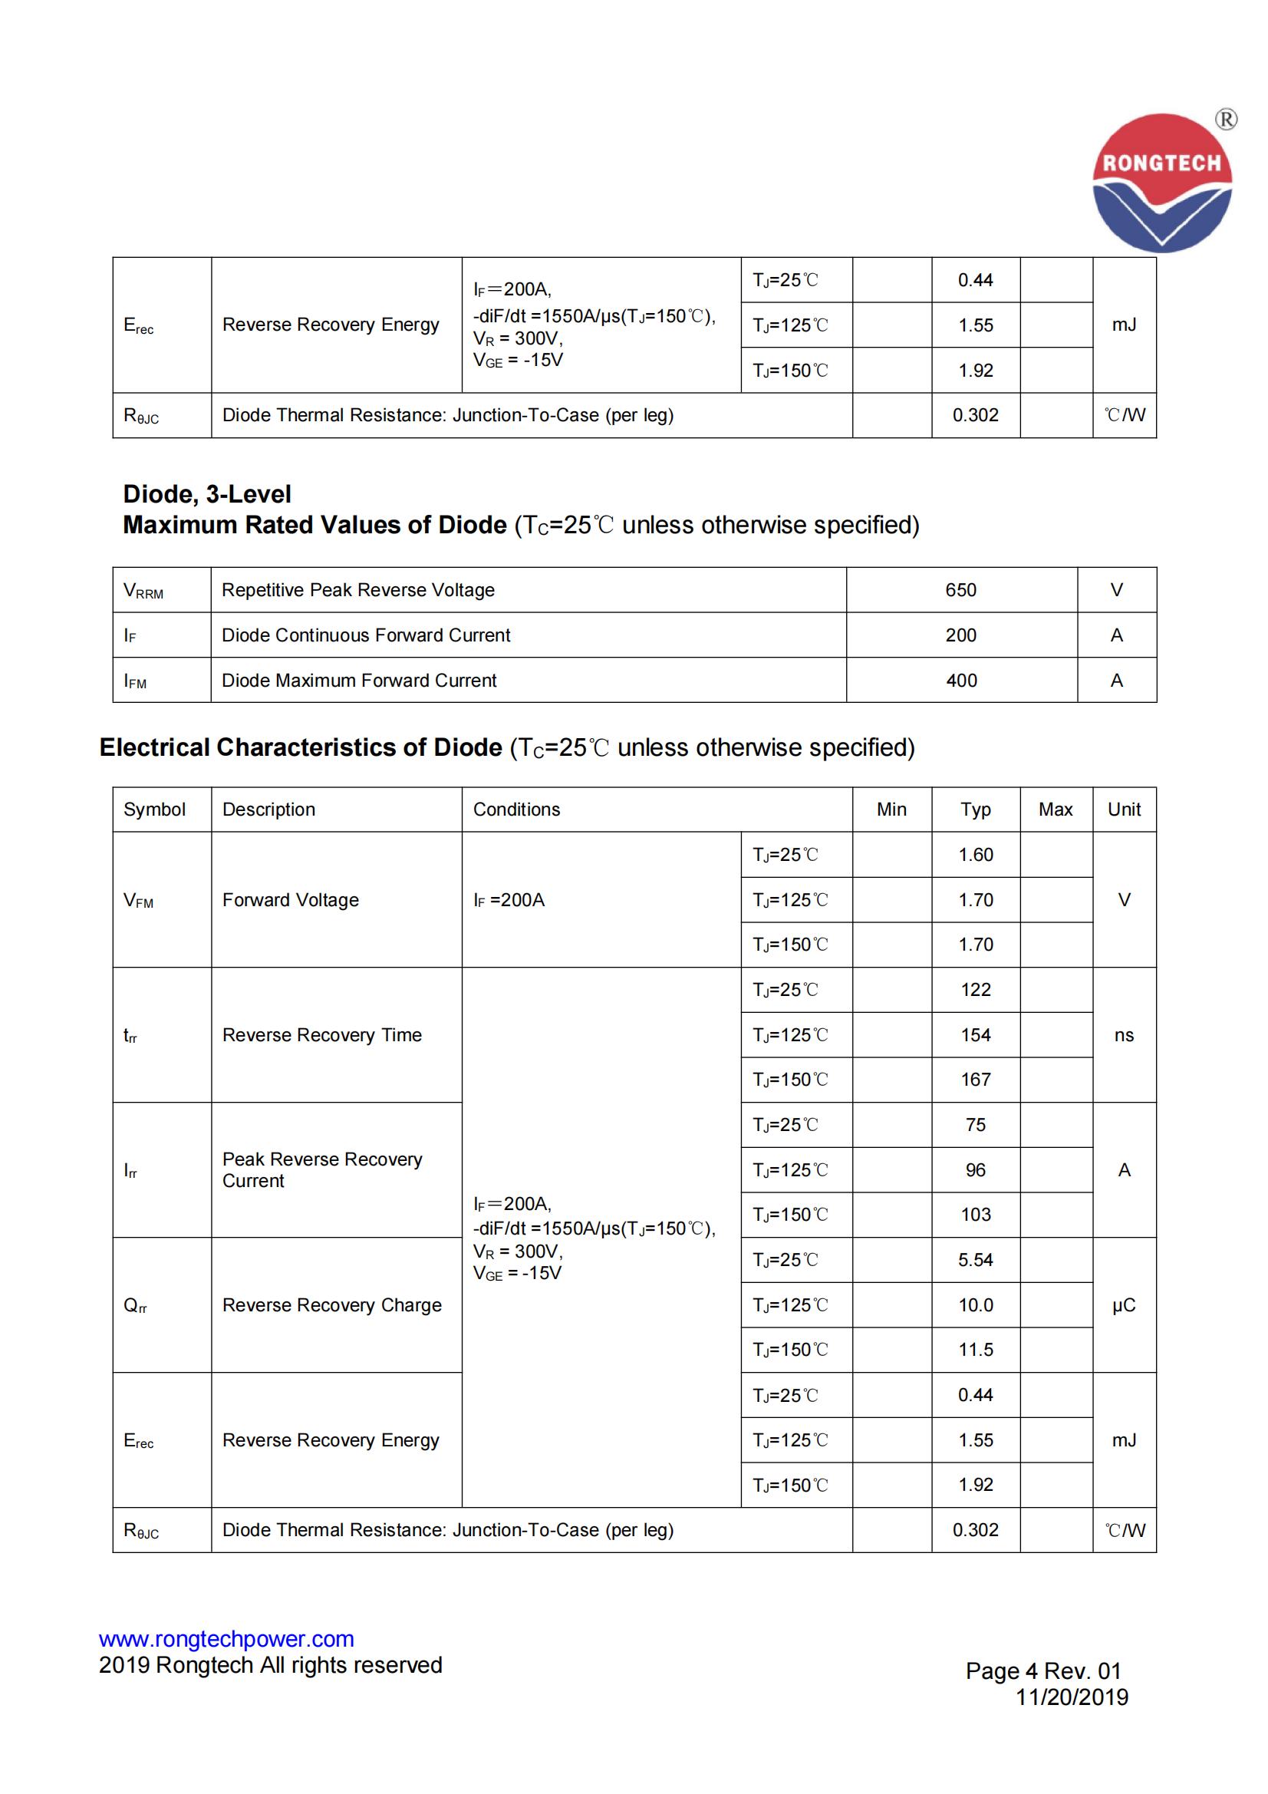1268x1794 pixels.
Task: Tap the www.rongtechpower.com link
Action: coord(226,1638)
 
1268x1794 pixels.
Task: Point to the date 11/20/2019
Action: coord(1071,1697)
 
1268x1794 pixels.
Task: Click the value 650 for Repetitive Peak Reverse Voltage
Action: coord(960,590)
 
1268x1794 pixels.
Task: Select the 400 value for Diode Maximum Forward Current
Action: coord(961,681)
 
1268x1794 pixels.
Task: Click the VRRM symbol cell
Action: coord(143,591)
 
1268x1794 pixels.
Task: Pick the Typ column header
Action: coord(975,810)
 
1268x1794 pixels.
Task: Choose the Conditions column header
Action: coord(516,810)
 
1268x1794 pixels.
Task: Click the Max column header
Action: coord(1055,810)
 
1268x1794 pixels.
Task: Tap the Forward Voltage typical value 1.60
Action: coord(975,855)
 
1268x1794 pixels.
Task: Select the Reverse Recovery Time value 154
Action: coord(975,1035)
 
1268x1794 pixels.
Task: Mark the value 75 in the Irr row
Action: coord(975,1125)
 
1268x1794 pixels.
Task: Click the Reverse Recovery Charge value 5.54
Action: coord(975,1261)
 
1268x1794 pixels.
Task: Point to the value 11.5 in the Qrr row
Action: coord(975,1350)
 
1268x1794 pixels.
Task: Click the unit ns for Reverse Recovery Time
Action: coord(1124,1035)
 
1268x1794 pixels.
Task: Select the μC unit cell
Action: coord(1124,1306)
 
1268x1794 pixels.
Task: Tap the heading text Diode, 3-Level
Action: coord(207,494)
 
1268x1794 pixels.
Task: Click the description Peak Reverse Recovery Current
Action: coord(322,1169)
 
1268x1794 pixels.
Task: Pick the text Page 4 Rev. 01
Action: coord(1043,1670)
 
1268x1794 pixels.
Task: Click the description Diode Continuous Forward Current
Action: coord(366,635)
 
